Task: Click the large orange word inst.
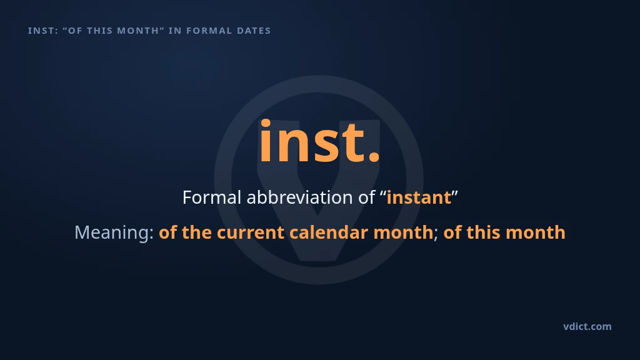click(x=319, y=141)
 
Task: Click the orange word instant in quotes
click(x=419, y=197)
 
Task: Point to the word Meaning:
click(x=114, y=232)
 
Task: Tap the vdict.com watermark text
click(x=587, y=326)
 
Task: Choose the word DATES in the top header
click(x=254, y=31)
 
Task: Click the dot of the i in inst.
click(x=266, y=123)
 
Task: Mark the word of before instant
click(x=366, y=197)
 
